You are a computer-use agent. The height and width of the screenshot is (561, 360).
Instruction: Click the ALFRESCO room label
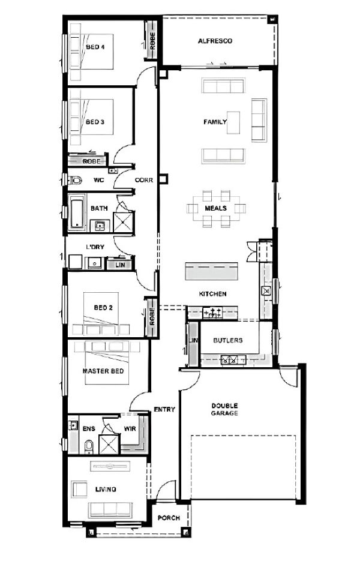point(215,41)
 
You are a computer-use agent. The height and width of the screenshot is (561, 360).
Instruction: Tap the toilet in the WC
point(75,179)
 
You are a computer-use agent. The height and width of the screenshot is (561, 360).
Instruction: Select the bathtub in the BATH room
point(77,213)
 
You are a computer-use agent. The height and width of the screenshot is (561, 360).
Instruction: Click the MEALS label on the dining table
point(215,208)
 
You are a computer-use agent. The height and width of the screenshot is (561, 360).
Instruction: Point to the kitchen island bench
point(211,271)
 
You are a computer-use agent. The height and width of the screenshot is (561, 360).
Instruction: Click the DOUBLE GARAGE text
point(224,409)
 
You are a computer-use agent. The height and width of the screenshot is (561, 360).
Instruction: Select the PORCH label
point(169,518)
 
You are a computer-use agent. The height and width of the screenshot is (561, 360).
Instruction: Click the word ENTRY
point(164,409)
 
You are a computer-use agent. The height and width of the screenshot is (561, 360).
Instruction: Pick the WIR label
point(130,428)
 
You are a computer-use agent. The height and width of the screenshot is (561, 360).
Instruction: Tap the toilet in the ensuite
point(89,446)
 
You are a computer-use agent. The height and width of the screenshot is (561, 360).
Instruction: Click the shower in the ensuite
point(109,444)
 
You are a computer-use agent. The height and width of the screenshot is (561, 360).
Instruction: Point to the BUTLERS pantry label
point(228,340)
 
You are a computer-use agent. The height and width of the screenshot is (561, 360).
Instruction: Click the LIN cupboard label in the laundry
point(120,265)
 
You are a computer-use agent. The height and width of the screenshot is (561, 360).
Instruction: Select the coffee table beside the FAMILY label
point(233,123)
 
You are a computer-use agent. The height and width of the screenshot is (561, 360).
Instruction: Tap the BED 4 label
point(95,47)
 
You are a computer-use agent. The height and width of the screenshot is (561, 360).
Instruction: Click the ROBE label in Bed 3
point(92,161)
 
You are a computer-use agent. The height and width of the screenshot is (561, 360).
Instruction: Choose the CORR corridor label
point(144,180)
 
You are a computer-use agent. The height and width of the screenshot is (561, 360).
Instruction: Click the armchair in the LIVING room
point(79,489)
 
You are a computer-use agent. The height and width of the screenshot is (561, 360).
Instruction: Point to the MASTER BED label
point(103,371)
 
